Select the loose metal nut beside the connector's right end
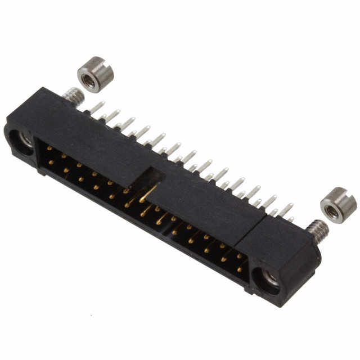[338, 205]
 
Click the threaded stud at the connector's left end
[72, 96]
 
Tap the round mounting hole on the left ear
[25, 139]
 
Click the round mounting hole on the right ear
[268, 278]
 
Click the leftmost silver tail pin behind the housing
[96, 107]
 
